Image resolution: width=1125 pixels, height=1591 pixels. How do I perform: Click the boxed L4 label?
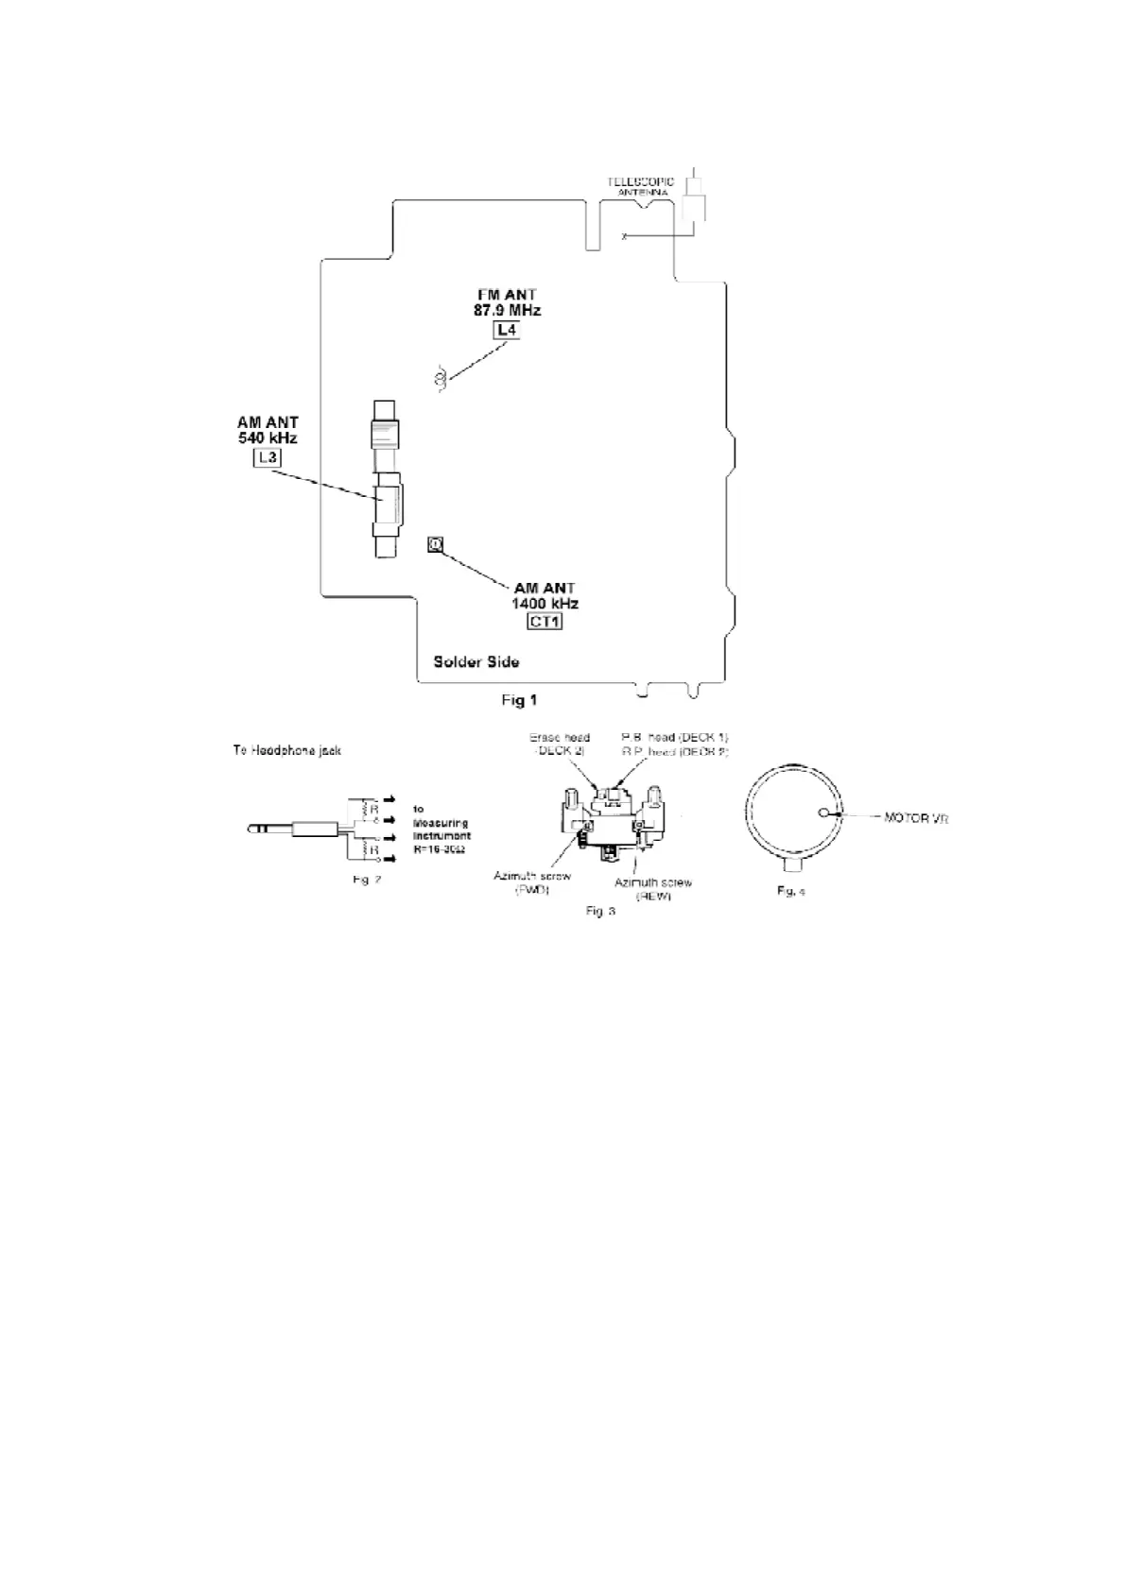507,330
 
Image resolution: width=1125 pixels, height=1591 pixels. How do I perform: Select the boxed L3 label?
268,458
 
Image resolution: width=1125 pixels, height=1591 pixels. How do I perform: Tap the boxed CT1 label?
545,622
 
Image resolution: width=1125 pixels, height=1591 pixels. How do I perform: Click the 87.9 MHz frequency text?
507,310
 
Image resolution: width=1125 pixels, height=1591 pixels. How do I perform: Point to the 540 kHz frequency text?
268,438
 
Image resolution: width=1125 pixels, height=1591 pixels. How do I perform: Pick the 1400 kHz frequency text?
545,603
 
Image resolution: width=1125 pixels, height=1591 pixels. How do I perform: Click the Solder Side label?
476,661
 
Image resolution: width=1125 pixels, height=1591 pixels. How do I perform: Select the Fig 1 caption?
519,700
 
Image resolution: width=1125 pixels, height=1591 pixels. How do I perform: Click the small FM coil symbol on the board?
440,380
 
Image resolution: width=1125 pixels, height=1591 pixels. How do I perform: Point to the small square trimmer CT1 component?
435,544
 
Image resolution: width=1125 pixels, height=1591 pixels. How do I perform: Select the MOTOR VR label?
915,817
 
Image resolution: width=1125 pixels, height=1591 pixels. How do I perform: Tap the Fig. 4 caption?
790,891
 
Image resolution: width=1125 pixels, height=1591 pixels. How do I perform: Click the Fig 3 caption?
600,911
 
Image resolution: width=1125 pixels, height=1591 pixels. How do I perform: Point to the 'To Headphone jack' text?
287,751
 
